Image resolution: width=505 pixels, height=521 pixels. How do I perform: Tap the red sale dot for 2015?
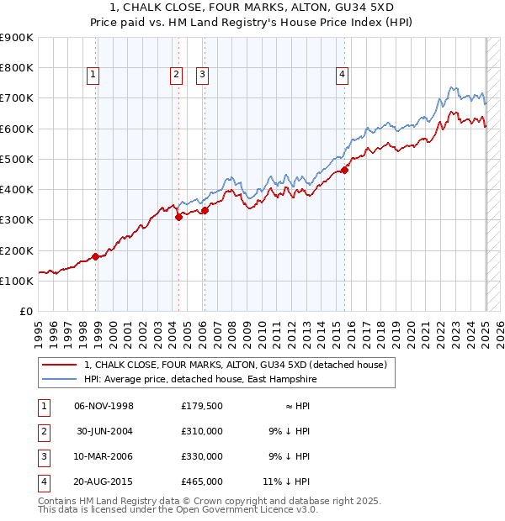[345, 170]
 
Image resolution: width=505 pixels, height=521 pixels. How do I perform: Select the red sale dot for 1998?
[95, 257]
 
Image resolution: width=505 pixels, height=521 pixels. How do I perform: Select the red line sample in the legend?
[60, 366]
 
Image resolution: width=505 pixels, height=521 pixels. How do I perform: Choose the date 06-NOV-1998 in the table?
[104, 407]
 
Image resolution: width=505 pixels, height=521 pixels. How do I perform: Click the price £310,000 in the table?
[202, 431]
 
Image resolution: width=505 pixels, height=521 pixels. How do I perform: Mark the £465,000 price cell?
[202, 482]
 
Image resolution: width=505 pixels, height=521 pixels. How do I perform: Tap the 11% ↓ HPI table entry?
[286, 482]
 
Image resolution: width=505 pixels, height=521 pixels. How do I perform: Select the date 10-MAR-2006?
[104, 456]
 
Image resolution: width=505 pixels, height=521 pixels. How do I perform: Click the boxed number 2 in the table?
[43, 432]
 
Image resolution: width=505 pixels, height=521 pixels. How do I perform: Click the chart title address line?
[252, 8]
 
